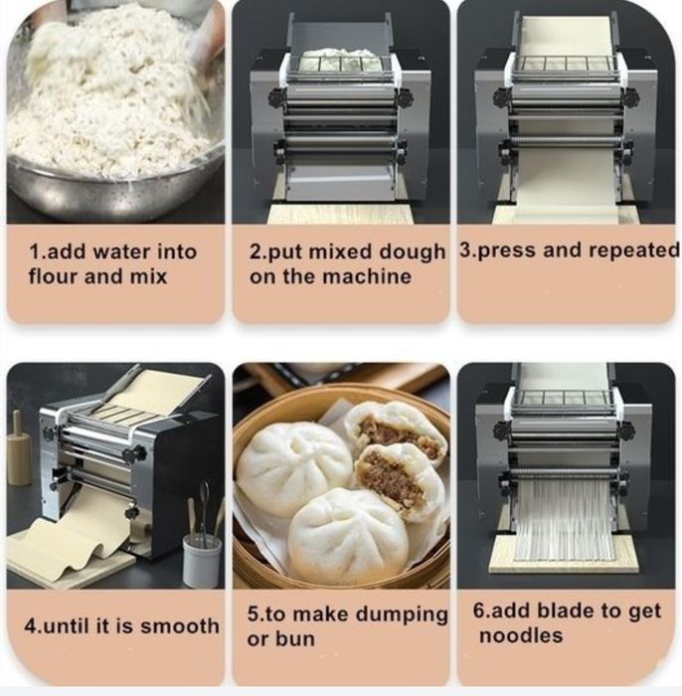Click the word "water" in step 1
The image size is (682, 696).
tap(116, 252)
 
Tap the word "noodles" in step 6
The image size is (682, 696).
tap(521, 635)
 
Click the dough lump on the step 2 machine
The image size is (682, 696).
tap(340, 60)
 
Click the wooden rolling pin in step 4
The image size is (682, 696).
tap(18, 447)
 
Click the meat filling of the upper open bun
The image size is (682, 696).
tap(391, 433)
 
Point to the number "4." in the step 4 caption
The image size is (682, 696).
tap(32, 626)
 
